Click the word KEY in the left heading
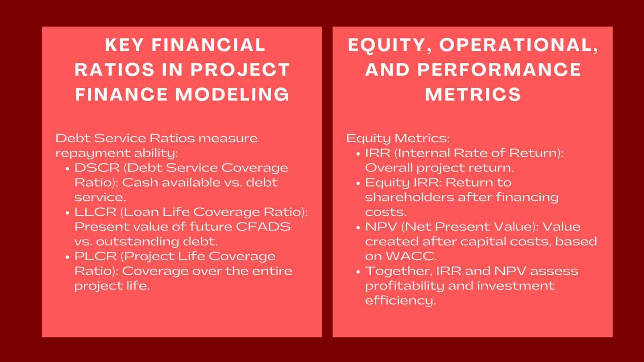[124, 45]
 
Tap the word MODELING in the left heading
[232, 94]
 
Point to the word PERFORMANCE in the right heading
[499, 70]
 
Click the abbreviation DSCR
[97, 168]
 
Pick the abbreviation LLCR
[95, 212]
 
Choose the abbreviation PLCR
[95, 256]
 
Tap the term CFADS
[263, 227]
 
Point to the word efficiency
[400, 301]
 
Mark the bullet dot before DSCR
[68, 169]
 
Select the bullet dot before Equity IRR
[358, 183]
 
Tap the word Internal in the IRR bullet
[423, 153]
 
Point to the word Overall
[389, 168]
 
